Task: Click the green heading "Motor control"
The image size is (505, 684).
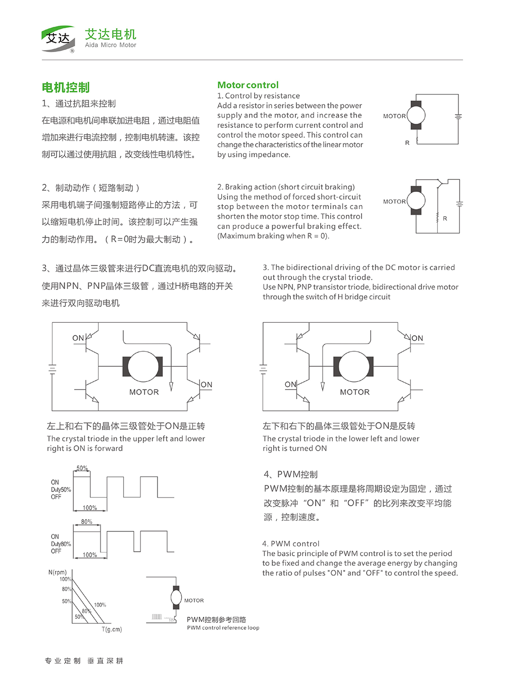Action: point(248,85)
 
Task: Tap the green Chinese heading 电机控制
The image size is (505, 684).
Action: point(66,87)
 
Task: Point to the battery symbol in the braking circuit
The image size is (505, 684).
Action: point(459,204)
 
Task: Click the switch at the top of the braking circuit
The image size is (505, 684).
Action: point(440,182)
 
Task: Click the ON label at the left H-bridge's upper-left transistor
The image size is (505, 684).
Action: point(78,338)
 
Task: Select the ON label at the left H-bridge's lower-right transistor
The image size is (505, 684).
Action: point(207,384)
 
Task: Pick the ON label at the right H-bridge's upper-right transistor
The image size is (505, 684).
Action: point(417,338)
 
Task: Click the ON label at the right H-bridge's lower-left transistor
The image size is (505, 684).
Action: point(290,384)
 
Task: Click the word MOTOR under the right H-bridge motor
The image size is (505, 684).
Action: point(355,392)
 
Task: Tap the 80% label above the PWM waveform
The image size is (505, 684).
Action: point(87,522)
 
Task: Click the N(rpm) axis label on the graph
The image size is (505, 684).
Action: point(58,572)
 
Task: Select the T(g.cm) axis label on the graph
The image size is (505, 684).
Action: point(112,629)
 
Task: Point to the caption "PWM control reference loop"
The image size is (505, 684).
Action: point(223,628)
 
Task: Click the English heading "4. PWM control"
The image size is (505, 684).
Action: point(291,544)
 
